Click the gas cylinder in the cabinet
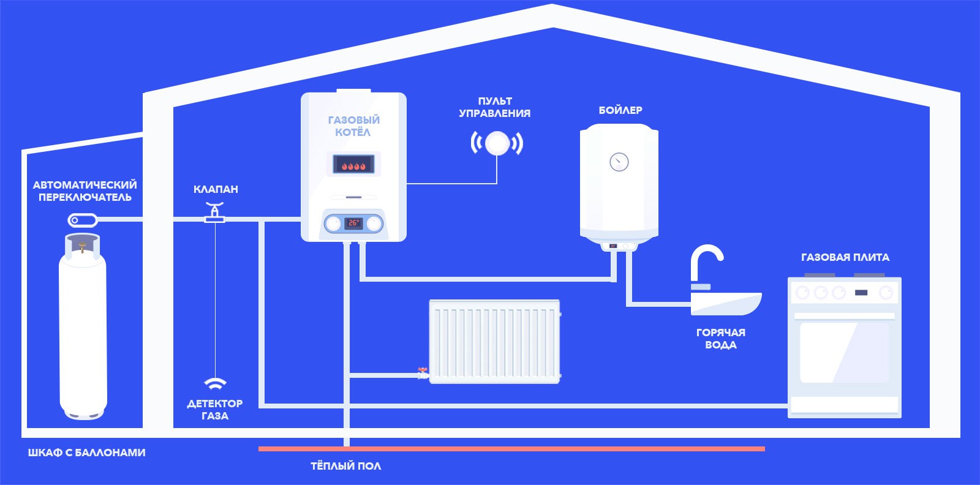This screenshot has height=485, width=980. tap(83, 331)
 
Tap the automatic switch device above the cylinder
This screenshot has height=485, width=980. tap(82, 220)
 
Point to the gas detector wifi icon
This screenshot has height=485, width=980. tap(215, 384)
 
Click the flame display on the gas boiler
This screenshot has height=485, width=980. tap(353, 164)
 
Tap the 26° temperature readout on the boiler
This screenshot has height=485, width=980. tap(353, 223)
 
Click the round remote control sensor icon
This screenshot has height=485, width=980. tap(497, 144)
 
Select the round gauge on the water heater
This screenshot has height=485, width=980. tap(619, 162)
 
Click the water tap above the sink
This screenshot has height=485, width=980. tap(704, 263)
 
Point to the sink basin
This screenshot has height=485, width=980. tap(726, 303)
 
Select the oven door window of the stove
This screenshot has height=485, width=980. tap(844, 352)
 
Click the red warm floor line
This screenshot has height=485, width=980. tap(511, 449)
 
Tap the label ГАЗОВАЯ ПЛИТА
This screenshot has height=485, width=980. tap(845, 257)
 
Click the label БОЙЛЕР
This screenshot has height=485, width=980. tap(620, 110)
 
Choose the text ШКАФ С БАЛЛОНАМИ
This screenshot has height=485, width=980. tap(86, 453)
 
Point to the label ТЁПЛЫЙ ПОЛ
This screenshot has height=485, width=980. tap(345, 466)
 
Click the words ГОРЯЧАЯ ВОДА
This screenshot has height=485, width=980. tap(721, 339)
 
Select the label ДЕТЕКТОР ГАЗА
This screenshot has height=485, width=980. tap(215, 410)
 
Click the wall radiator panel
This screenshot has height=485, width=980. tap(495, 342)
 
